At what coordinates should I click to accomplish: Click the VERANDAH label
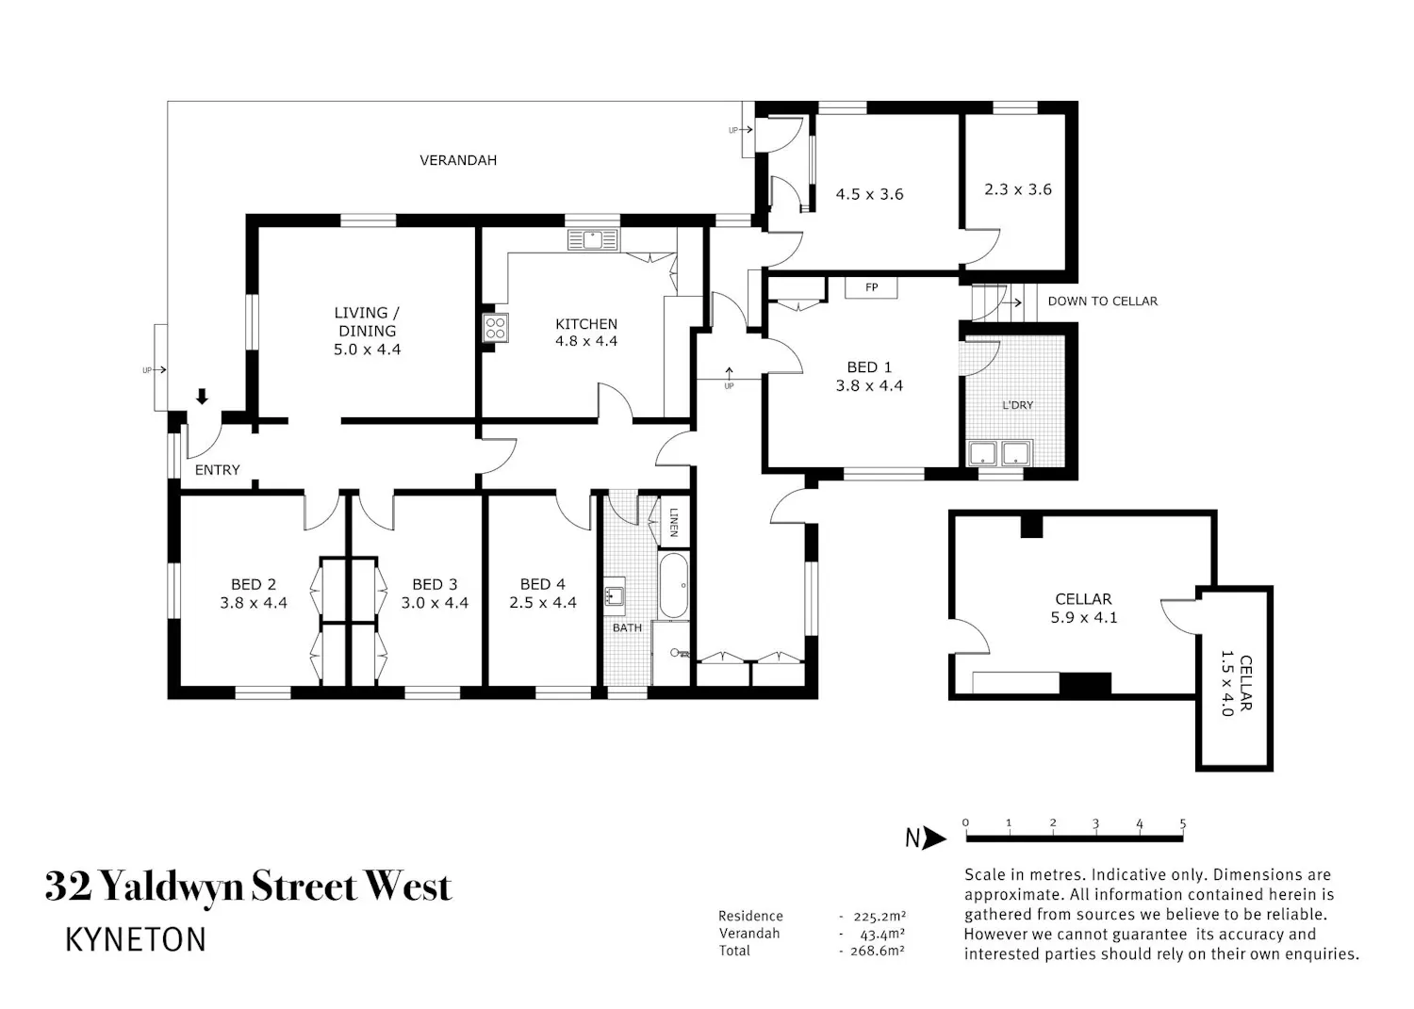(458, 160)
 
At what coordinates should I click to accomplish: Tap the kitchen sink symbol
(593, 240)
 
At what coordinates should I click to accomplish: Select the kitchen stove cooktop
(496, 328)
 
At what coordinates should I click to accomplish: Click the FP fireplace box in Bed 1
(871, 287)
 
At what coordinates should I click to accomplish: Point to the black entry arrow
(202, 397)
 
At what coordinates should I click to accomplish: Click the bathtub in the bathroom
(674, 586)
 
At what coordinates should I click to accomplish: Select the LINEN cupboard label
(674, 523)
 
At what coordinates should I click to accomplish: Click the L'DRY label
(1017, 405)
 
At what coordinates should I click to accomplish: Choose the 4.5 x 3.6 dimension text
(870, 194)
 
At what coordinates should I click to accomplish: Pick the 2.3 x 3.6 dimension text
(1018, 189)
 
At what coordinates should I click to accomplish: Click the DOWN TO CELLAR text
(1103, 301)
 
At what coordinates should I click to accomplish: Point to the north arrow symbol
(926, 838)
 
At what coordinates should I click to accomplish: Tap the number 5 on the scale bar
(1183, 823)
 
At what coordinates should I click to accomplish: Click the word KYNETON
(136, 939)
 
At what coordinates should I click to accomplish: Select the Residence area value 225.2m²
(880, 917)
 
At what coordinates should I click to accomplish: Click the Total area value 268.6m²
(878, 951)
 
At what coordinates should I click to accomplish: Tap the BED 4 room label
(543, 584)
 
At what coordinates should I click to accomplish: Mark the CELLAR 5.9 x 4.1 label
(1084, 609)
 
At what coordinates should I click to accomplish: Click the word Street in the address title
(305, 887)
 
